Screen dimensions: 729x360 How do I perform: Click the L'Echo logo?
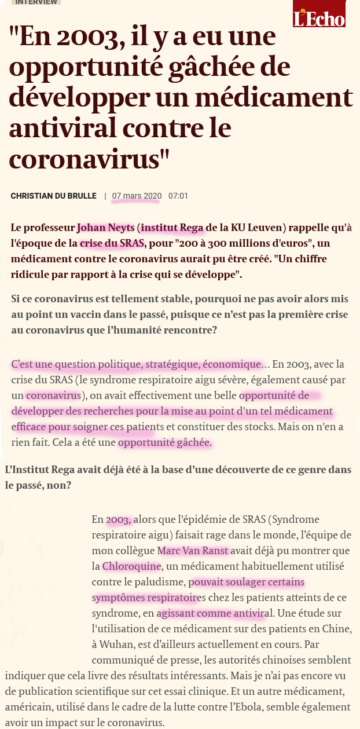319,14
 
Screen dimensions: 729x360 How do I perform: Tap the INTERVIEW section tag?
36,2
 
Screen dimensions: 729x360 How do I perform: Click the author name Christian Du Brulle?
53,196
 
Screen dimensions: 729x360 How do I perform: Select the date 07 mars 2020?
137,196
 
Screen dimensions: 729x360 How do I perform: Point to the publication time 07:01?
178,196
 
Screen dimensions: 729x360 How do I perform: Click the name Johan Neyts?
106,227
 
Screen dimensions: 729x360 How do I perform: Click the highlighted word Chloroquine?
131,566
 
